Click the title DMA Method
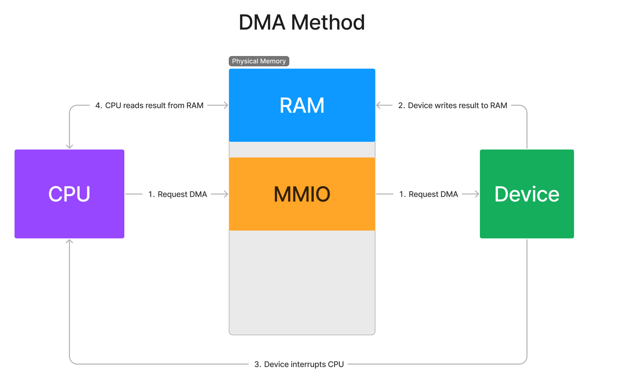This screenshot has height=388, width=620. pyautogui.click(x=301, y=22)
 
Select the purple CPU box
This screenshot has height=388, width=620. pyautogui.click(x=69, y=194)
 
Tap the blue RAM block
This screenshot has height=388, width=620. pyautogui.click(x=302, y=105)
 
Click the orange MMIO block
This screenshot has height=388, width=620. pyautogui.click(x=302, y=194)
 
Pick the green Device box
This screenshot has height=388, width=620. pyautogui.click(x=527, y=194)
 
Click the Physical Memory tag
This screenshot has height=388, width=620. pyautogui.click(x=259, y=61)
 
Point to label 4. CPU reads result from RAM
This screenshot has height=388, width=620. pyautogui.click(x=149, y=106)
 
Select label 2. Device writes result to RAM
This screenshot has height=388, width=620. pyautogui.click(x=452, y=106)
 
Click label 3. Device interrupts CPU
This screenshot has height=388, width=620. pyautogui.click(x=299, y=364)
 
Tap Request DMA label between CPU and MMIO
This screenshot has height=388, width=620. pyautogui.click(x=177, y=194)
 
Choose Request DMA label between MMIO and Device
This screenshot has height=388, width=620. pyautogui.click(x=428, y=194)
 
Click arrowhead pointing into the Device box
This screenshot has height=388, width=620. pyautogui.click(x=477, y=194)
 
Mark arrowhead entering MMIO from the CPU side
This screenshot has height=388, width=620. pyautogui.click(x=226, y=194)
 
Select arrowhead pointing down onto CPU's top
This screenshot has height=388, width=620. pyautogui.click(x=69, y=147)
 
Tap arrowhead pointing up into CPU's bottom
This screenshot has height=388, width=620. pyautogui.click(x=69, y=241)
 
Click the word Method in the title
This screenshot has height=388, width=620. pyautogui.click(x=327, y=22)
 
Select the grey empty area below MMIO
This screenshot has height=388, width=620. pyautogui.click(x=302, y=282)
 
